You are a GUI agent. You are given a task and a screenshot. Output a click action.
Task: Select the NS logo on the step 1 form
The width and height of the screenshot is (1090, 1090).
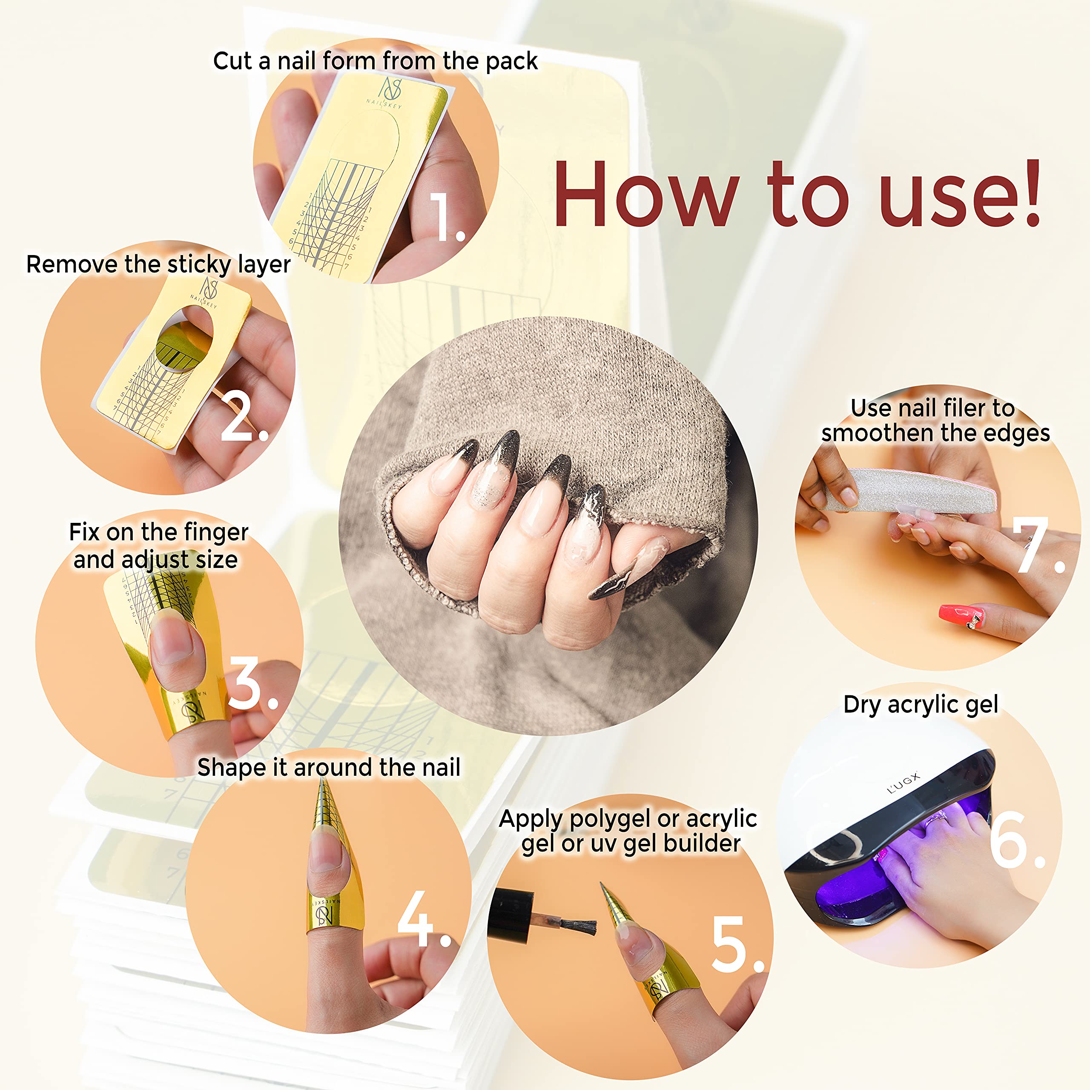(x=391, y=90)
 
